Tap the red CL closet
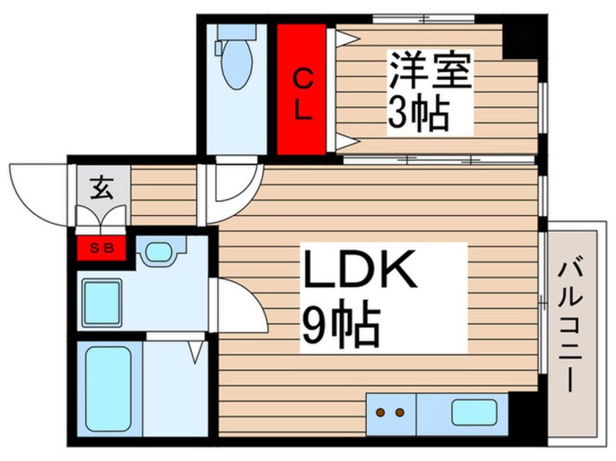(301, 89)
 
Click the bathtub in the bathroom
(108, 390)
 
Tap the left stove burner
(380, 413)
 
